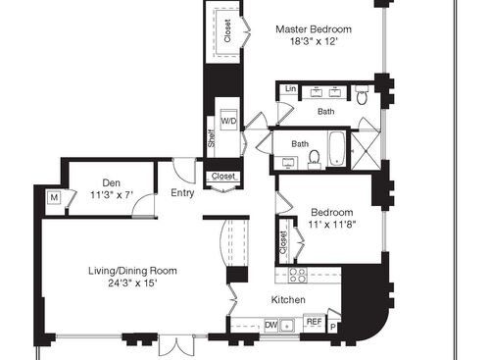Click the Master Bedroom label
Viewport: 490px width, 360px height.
313,28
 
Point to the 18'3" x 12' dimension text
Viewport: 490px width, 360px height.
313,42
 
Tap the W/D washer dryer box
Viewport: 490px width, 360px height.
228,121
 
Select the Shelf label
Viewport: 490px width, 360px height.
211,138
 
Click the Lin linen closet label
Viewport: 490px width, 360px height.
290,90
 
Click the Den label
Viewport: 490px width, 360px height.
111,181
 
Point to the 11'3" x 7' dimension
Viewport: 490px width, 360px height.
111,194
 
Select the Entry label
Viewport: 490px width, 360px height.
182,193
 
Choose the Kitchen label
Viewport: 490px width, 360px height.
288,299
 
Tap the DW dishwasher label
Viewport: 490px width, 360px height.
270,323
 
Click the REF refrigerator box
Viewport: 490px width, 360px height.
314,322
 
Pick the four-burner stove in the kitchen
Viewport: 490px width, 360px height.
297,275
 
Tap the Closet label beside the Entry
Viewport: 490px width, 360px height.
221,178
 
